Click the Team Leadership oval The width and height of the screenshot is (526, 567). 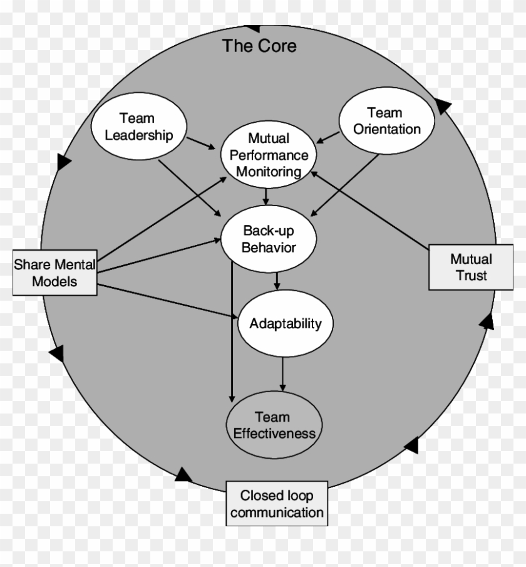click(138, 127)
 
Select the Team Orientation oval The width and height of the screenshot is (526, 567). click(386, 122)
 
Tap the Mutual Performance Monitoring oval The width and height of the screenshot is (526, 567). click(269, 155)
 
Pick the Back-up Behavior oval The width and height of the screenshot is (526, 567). click(269, 239)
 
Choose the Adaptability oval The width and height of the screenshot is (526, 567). click(286, 323)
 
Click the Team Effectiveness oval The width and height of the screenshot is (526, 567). click(274, 425)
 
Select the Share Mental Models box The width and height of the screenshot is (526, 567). click(55, 273)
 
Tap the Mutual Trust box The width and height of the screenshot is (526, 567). click(471, 267)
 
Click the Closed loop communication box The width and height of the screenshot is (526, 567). click(276, 504)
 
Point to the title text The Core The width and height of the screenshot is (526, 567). click(259, 46)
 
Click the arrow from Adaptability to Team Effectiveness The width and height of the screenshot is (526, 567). click(283, 373)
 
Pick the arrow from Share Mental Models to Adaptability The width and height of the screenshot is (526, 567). click(169, 301)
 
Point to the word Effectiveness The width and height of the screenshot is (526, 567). click(274, 434)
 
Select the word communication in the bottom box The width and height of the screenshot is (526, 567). click(276, 512)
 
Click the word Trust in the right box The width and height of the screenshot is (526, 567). click(472, 275)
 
